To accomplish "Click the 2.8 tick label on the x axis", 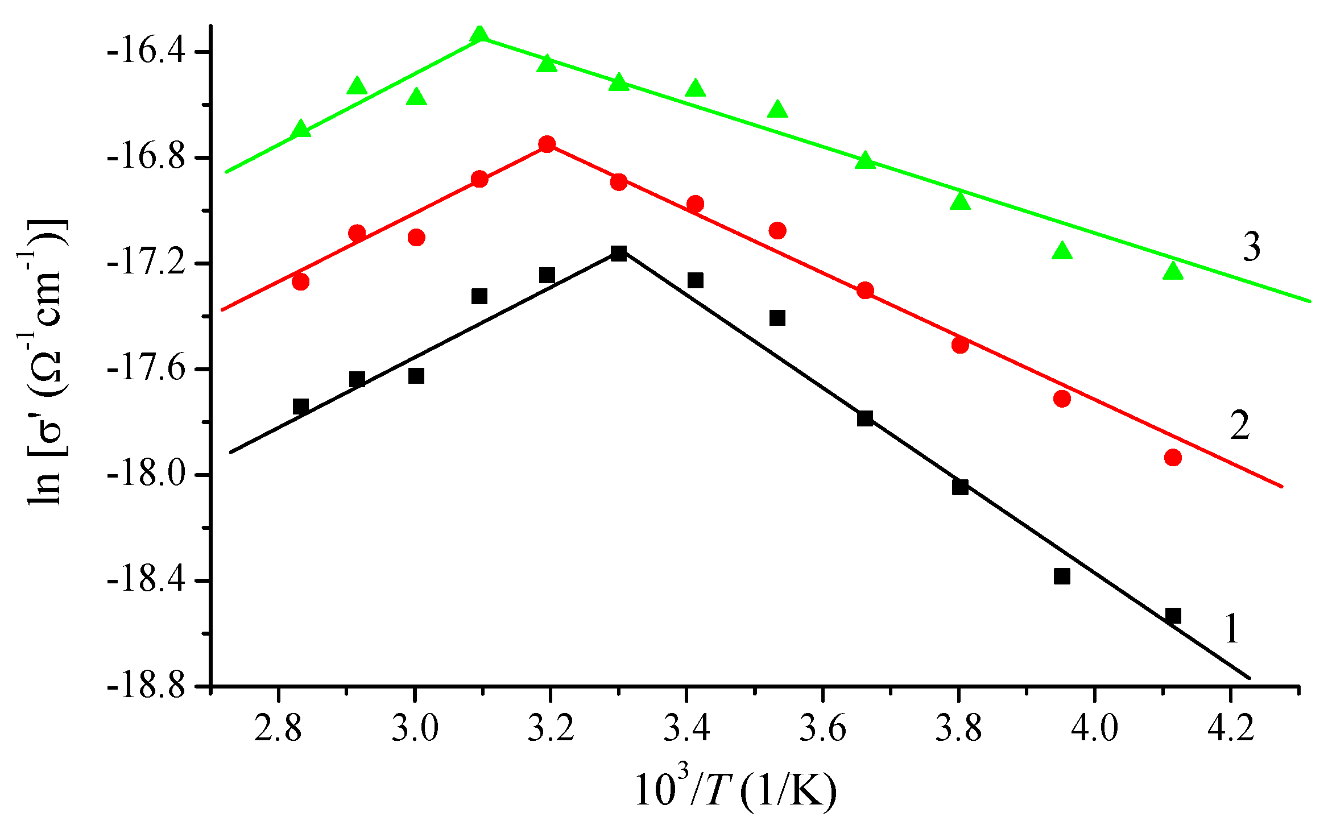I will pyautogui.click(x=278, y=729).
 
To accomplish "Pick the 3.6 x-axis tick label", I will pyautogui.click(x=822, y=729).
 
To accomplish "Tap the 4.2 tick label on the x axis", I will pyautogui.click(x=1230, y=729).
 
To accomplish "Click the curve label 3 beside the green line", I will pyautogui.click(x=1251, y=247).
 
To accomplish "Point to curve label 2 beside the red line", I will pyautogui.click(x=1240, y=425).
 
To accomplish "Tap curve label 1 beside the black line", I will pyautogui.click(x=1231, y=629).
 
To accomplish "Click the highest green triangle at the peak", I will pyautogui.click(x=479, y=35).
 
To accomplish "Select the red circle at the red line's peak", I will pyautogui.click(x=547, y=144).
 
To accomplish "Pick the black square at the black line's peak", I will pyautogui.click(x=619, y=254).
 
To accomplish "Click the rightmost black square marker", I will pyautogui.click(x=1173, y=616).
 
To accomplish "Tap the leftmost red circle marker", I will pyautogui.click(x=300, y=281).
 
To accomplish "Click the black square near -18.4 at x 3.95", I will pyautogui.click(x=1062, y=576).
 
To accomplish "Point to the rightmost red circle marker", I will pyautogui.click(x=1173, y=458).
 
